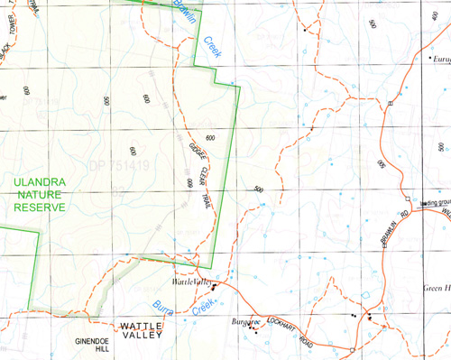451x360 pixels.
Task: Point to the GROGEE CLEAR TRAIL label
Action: tap(195, 168)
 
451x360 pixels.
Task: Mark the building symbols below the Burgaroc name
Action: tap(251, 328)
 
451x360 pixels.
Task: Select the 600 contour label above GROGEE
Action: tap(210, 136)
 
